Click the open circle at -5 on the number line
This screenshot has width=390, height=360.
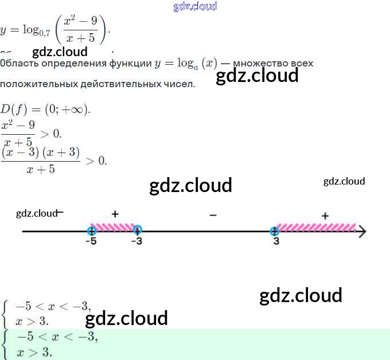pyautogui.click(x=91, y=231)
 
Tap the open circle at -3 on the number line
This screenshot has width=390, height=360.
pyautogui.click(x=137, y=231)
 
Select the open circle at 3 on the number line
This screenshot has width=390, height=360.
pyautogui.click(x=275, y=231)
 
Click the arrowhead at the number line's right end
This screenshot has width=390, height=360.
pyautogui.click(x=362, y=232)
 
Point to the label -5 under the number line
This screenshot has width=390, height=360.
pyautogui.click(x=91, y=242)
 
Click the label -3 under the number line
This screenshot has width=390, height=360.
pyautogui.click(x=136, y=242)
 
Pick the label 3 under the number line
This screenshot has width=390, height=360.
pyautogui.click(x=276, y=242)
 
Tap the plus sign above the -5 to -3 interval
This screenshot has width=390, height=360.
pyautogui.click(x=115, y=214)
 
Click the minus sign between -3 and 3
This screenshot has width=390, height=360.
pyautogui.click(x=213, y=215)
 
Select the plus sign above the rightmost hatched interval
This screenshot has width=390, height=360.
pyautogui.click(x=325, y=216)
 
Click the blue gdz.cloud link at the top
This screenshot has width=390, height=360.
pyautogui.click(x=195, y=7)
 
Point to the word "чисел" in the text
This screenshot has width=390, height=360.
pyautogui.click(x=181, y=84)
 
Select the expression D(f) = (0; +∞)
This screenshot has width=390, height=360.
pyautogui.click(x=45, y=109)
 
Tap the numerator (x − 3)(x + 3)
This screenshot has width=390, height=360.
pyautogui.click(x=41, y=152)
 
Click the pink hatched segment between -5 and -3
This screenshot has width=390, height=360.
pyautogui.click(x=114, y=227)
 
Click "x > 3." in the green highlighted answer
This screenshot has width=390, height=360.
pyautogui.click(x=34, y=352)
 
